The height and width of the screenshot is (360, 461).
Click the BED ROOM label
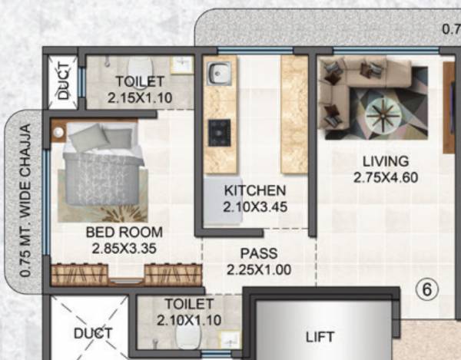[x=124, y=232]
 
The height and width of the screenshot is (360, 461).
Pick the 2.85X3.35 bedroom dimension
[x=124, y=248]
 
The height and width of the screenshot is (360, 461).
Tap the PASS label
[x=258, y=253]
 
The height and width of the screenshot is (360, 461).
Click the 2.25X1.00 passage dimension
[x=258, y=269]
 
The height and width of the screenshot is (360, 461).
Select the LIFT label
[x=320, y=336]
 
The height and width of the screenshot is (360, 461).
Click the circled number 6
[x=426, y=290]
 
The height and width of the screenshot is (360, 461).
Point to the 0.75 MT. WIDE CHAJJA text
[x=26, y=200]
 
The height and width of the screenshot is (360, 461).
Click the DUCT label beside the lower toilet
[x=93, y=333]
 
